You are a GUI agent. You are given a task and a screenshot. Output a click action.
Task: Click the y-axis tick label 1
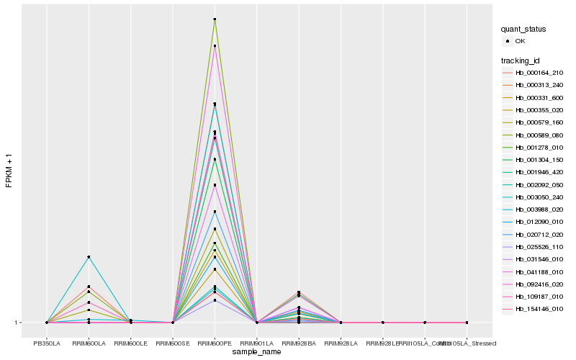point(17,323)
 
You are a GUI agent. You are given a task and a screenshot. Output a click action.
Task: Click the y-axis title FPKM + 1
point(9,171)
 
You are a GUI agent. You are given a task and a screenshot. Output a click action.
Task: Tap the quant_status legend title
point(523,29)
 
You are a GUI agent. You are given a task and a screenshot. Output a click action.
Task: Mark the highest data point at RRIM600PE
point(215,19)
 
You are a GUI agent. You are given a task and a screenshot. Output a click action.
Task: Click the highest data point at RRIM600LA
point(89,257)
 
